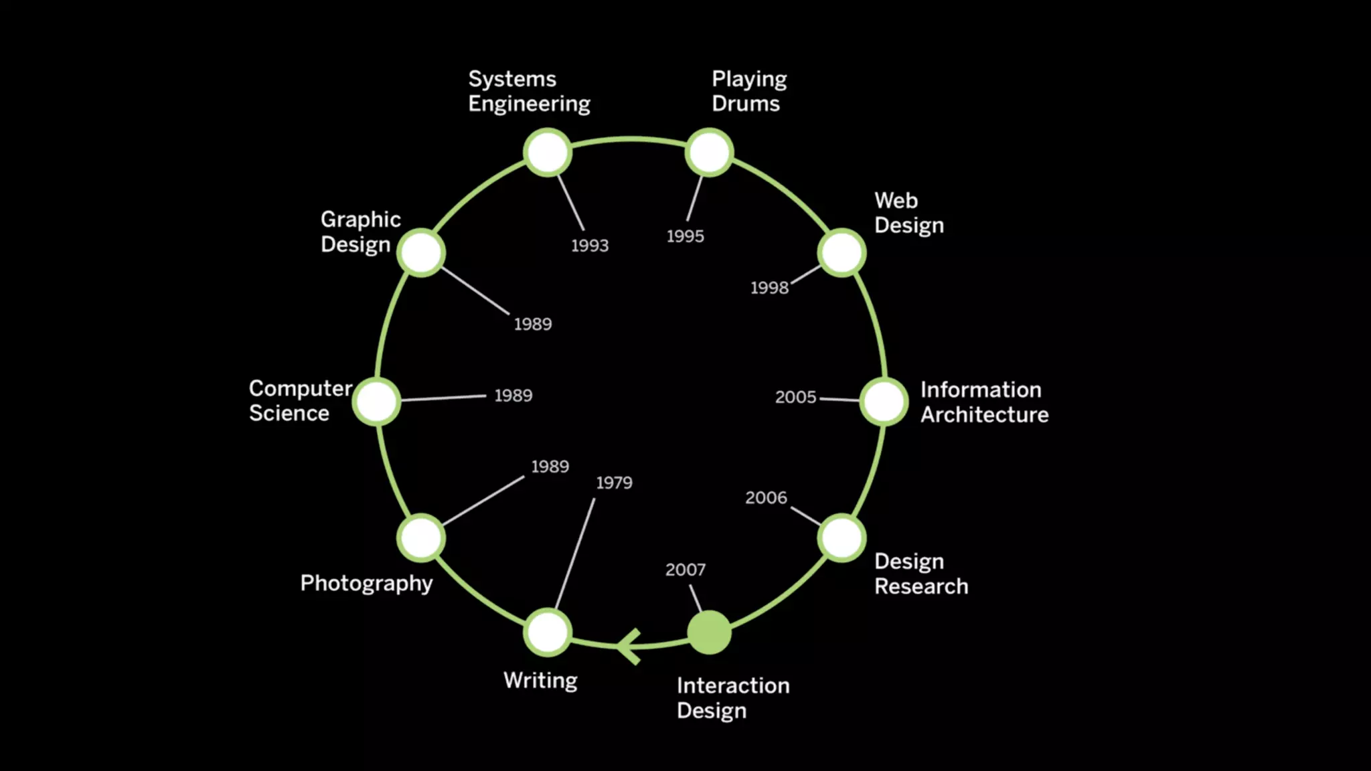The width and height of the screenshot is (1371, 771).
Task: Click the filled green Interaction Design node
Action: (709, 632)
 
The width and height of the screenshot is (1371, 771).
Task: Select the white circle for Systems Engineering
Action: (548, 153)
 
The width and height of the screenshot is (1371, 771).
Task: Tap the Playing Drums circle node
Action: (709, 153)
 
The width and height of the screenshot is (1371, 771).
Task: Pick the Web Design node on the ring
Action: (841, 253)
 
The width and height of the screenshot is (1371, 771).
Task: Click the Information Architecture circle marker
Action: (884, 402)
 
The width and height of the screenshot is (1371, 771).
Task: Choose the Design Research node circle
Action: (841, 538)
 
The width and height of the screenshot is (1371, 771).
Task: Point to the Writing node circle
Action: (548, 632)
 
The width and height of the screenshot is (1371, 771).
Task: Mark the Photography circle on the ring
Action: (421, 538)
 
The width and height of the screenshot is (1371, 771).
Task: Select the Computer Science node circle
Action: (377, 402)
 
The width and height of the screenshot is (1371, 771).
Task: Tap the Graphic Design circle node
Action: (421, 253)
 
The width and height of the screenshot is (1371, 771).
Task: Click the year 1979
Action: (614, 483)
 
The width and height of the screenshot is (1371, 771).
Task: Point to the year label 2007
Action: (685, 570)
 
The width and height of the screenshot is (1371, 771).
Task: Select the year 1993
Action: (590, 246)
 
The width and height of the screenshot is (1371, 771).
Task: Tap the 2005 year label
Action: (795, 397)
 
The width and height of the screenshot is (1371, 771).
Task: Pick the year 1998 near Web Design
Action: (769, 288)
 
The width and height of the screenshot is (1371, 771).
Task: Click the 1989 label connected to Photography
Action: (550, 466)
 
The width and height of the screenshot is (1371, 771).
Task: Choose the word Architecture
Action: (984, 415)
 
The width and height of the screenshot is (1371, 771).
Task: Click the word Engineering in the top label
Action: (529, 104)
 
